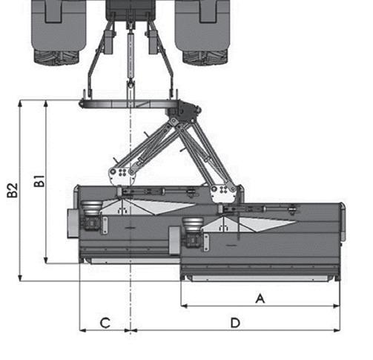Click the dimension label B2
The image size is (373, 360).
pos(12,190)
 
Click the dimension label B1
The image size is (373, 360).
pos(39,181)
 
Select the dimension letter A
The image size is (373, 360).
pos(260,298)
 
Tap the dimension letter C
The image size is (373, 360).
pos(105,323)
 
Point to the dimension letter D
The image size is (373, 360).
pos(235,323)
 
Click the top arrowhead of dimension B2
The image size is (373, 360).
pos(20,103)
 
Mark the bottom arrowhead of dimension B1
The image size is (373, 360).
pos(46,261)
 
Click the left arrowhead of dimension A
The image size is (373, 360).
pos(184,306)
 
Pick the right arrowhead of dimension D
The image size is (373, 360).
pos(337,330)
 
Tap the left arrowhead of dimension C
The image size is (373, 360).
pos(83,330)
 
